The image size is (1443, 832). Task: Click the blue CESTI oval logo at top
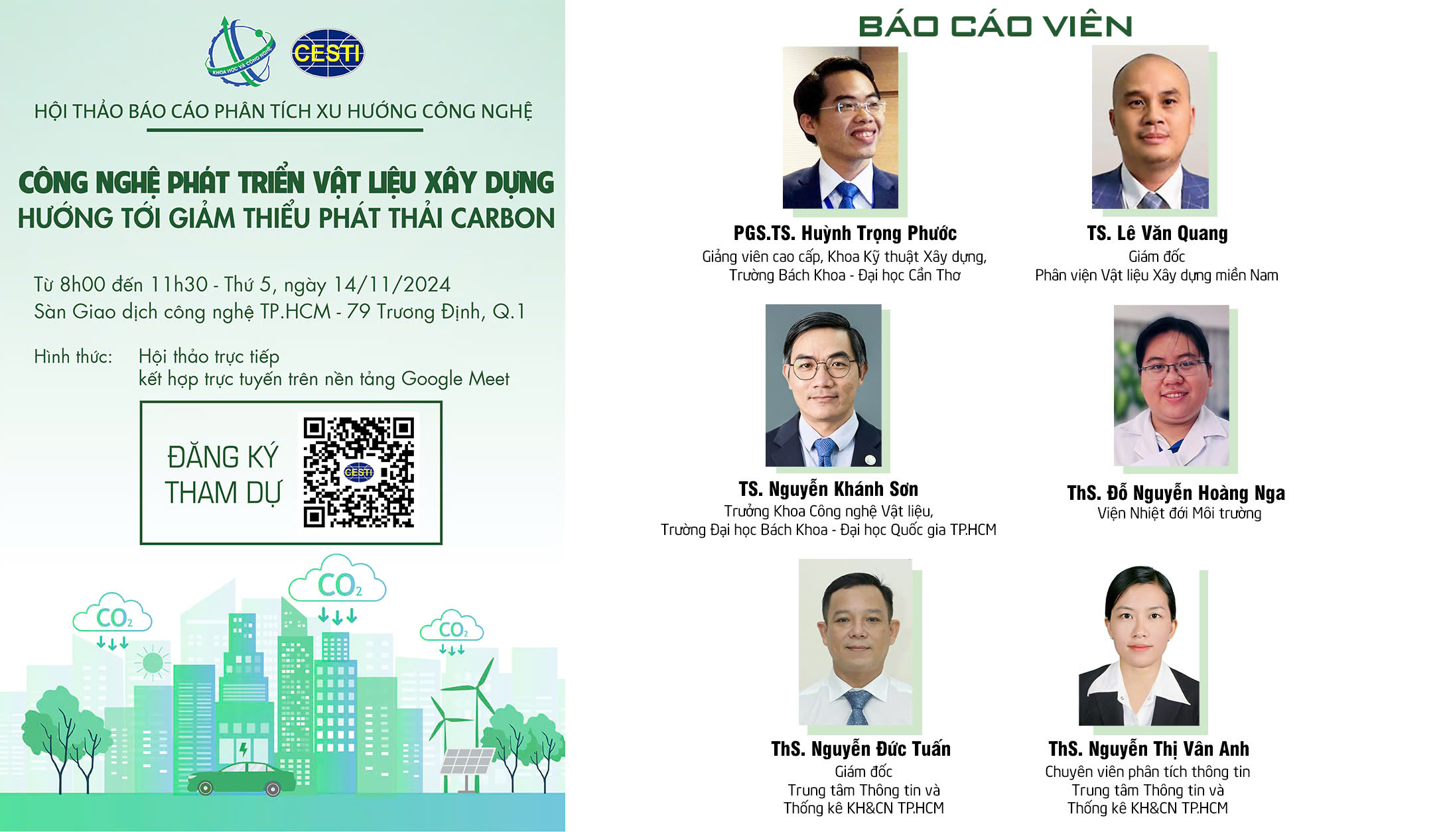(328, 52)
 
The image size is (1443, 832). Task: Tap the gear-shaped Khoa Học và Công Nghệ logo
(240, 52)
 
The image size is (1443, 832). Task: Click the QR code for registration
(358, 472)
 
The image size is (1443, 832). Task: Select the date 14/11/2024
(391, 284)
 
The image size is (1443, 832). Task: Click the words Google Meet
(455, 379)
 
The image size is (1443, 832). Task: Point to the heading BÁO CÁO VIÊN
(995, 27)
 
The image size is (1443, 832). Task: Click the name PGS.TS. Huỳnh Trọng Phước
(845, 233)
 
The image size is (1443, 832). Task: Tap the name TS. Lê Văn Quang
(1157, 233)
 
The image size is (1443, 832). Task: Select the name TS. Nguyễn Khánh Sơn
(829, 489)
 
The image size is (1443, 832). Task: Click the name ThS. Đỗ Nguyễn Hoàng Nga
(1176, 493)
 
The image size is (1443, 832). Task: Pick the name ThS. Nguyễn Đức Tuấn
(860, 749)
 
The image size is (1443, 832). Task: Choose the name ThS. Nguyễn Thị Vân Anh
(1148, 749)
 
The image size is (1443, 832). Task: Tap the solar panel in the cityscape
(467, 762)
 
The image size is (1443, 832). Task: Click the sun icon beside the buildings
(152, 662)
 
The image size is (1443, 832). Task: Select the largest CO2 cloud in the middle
(338, 581)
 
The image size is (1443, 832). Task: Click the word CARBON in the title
(503, 218)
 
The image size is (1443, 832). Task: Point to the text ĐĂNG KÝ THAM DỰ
(223, 475)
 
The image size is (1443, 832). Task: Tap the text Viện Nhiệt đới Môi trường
(1179, 513)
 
